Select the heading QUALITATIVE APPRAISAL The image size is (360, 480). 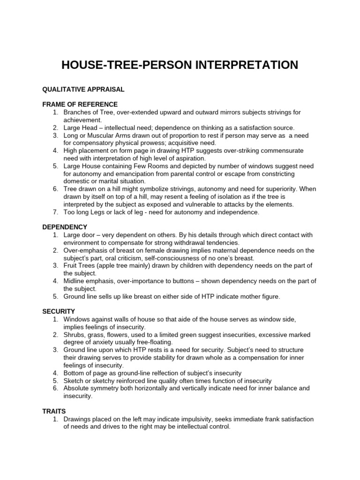[x=83, y=89]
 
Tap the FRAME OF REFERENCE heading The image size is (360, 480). [x=80, y=104]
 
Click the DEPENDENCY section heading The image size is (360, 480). [x=65, y=227]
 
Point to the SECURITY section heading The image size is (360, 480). [x=59, y=311]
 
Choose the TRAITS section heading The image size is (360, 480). [x=54, y=411]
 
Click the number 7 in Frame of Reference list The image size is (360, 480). [x=55, y=212]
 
